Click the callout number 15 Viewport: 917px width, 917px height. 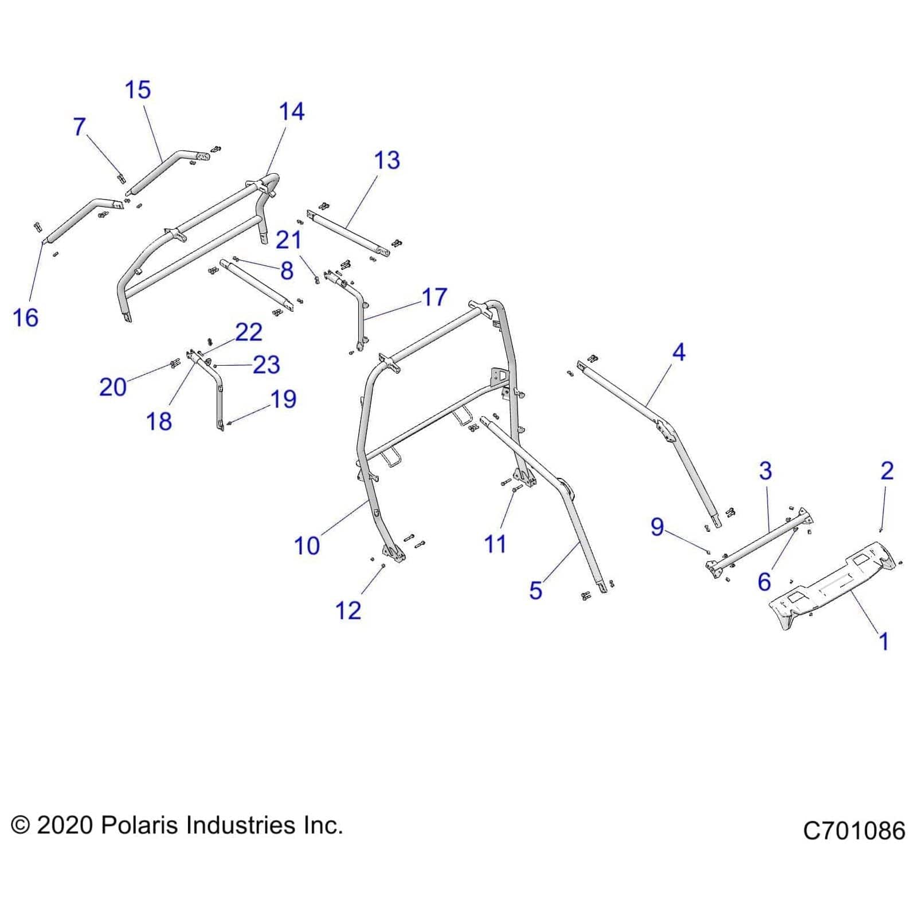(138, 90)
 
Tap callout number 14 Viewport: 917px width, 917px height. (291, 112)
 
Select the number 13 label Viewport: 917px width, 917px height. (387, 160)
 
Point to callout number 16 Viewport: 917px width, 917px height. (25, 318)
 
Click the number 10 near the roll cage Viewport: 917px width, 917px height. (307, 546)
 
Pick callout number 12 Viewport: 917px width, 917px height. (348, 611)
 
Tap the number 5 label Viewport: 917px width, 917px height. (535, 590)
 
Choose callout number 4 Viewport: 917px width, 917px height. (679, 352)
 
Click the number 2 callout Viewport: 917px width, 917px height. (887, 471)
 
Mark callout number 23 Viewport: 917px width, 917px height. (267, 365)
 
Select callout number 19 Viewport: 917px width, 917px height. (283, 399)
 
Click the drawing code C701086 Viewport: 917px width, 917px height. (853, 830)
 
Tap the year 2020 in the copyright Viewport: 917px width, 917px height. (65, 826)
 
